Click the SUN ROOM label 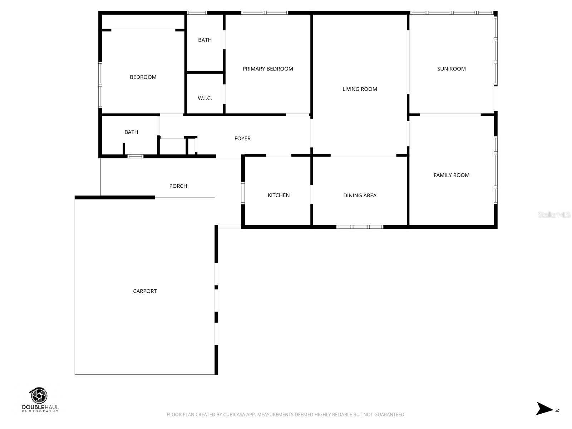tap(451, 69)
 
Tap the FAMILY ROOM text tap(451, 175)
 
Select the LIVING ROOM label tap(360, 89)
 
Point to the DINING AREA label tap(360, 195)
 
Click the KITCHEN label tap(278, 195)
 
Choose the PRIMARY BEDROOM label tap(268, 69)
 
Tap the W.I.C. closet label tap(205, 98)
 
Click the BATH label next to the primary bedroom tap(205, 40)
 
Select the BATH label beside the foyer tap(131, 132)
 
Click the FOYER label tap(242, 138)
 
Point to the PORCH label tap(178, 186)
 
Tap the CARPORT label tap(145, 291)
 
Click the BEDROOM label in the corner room tap(143, 77)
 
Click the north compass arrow tap(544, 408)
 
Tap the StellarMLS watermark tap(554, 214)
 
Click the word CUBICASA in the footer tap(235, 415)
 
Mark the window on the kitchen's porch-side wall tap(243, 193)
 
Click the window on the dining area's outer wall tap(360, 227)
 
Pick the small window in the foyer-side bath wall tap(135, 156)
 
